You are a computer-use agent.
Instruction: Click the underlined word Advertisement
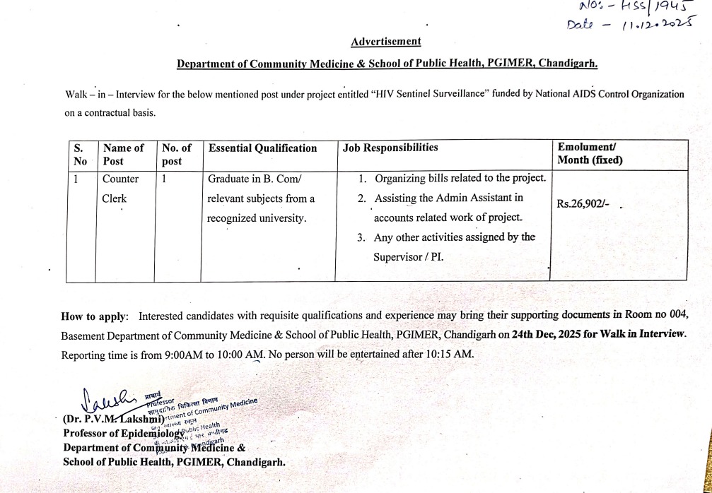386,42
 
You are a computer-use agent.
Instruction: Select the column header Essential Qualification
262,148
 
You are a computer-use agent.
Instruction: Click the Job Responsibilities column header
390,148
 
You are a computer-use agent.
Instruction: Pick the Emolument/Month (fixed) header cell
590,154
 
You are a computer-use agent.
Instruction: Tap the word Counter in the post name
121,179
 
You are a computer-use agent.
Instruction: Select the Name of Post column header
123,154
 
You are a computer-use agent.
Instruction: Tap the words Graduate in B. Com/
255,179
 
